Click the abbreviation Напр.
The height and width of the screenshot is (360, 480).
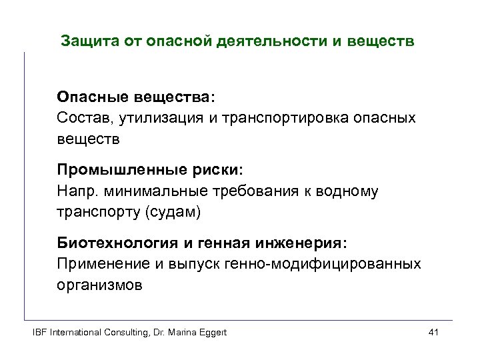click(x=75, y=192)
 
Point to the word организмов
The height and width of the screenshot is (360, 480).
click(x=99, y=285)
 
